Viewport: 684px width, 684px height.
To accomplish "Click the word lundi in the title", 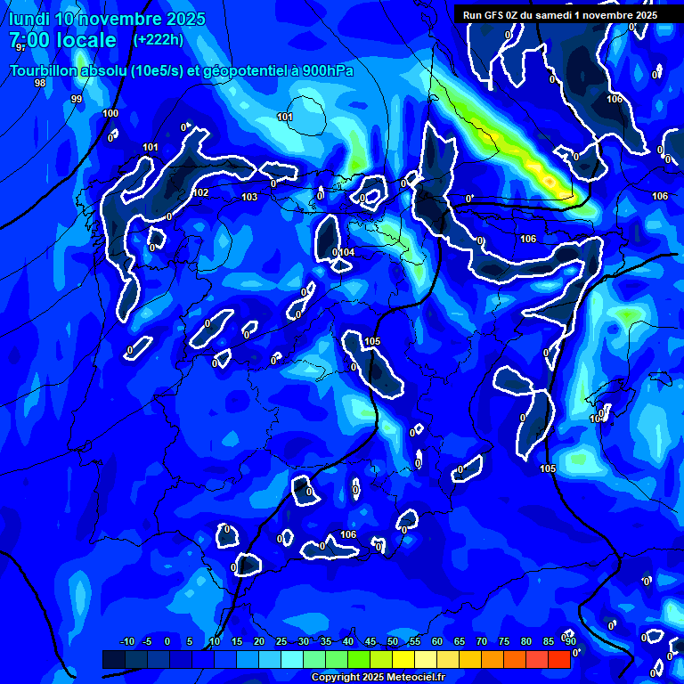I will coord(29,19).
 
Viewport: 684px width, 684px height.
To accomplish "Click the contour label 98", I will coord(40,83).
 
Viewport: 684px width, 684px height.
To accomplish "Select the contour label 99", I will coord(77,99).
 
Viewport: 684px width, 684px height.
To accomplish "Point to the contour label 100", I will coord(110,113).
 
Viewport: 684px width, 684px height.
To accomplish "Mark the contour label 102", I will coord(201,192).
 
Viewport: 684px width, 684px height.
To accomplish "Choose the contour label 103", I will coord(249,197).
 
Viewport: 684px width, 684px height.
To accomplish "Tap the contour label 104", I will coord(346,253).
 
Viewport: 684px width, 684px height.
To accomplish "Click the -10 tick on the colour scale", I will coord(126,642).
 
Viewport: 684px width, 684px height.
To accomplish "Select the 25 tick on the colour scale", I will coord(281,642).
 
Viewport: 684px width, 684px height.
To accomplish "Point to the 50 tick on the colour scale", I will coord(393,642).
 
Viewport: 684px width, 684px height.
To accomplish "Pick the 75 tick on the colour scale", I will coord(504,642).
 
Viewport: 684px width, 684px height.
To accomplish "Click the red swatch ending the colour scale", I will coord(558,659).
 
